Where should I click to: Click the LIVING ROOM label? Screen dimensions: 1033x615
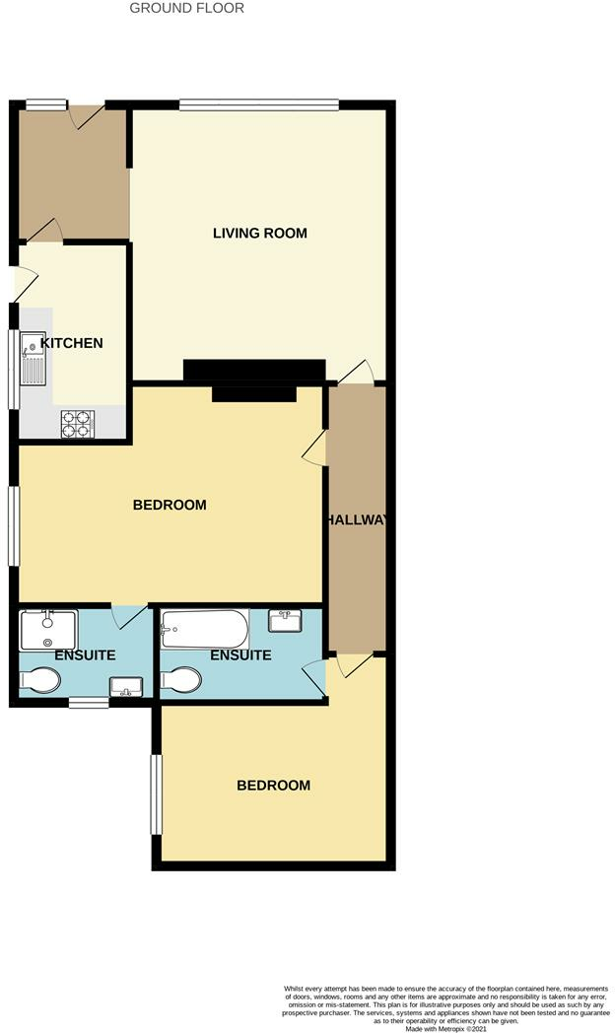260,234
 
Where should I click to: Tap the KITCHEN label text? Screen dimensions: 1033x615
71,343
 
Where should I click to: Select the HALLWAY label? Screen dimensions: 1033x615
357,520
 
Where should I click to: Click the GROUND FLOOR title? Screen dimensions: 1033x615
187,8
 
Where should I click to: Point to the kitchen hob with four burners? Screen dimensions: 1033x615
76,423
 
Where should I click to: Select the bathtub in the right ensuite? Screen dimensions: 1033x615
205,628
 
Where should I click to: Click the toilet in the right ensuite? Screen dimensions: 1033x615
182,680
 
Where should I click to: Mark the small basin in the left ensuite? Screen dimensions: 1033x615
126,685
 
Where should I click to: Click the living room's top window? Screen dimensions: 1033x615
259,103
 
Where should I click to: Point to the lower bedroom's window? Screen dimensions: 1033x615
154,793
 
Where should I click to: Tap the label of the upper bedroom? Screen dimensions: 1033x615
170,505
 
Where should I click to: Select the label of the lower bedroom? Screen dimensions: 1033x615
273,786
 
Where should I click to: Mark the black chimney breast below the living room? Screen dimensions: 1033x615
254,371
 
